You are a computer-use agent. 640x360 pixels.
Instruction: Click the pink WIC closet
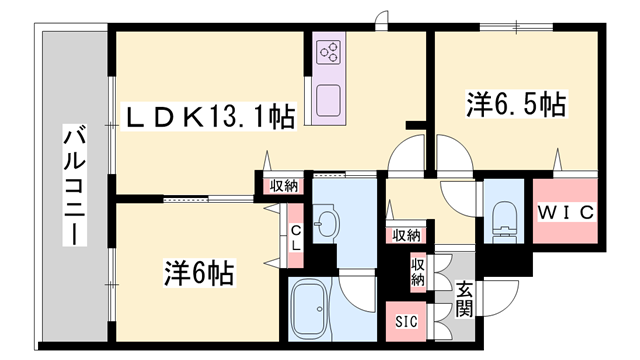[x=567, y=211]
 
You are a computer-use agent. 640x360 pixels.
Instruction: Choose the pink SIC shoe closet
[x=406, y=321]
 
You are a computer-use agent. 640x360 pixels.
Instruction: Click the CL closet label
[x=296, y=240]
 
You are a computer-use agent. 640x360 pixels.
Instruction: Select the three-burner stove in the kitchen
[x=330, y=53]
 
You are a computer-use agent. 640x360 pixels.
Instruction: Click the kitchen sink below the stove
[x=330, y=100]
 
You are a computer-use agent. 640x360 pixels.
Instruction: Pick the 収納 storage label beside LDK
[x=282, y=184]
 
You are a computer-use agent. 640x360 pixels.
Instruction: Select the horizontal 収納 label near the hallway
[x=405, y=235]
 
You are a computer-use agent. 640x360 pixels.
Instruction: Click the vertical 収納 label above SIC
[x=417, y=272]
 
